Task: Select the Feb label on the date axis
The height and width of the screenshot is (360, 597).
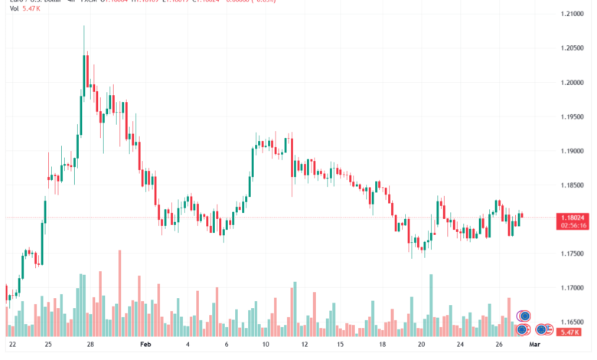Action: pos(146,345)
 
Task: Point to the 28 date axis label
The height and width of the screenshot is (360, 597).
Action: pos(90,345)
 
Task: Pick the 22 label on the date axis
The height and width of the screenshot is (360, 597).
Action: pos(11,345)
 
